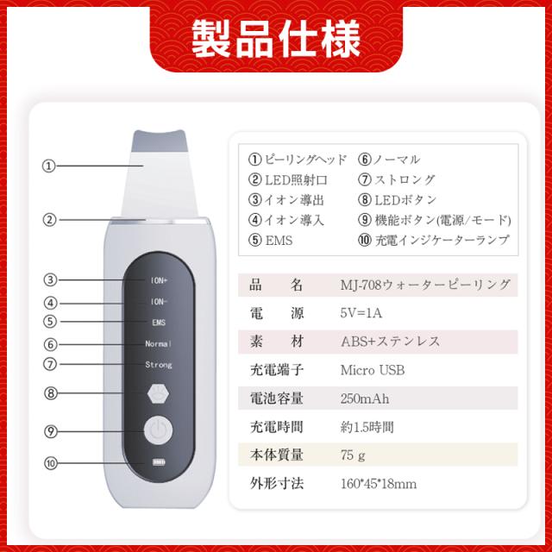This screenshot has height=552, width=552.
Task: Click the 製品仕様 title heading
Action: click(276, 35)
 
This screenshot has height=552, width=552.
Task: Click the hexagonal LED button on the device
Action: click(158, 392)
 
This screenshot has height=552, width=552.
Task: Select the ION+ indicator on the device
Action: click(158, 279)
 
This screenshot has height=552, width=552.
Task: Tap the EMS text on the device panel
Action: click(158, 322)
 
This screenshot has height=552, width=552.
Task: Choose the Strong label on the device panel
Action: click(158, 365)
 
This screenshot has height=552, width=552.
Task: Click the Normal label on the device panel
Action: click(158, 343)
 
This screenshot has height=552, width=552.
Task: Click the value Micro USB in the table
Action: click(373, 370)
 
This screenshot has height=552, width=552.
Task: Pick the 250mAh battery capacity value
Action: click(366, 398)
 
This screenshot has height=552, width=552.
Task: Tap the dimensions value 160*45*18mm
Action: click(379, 484)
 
